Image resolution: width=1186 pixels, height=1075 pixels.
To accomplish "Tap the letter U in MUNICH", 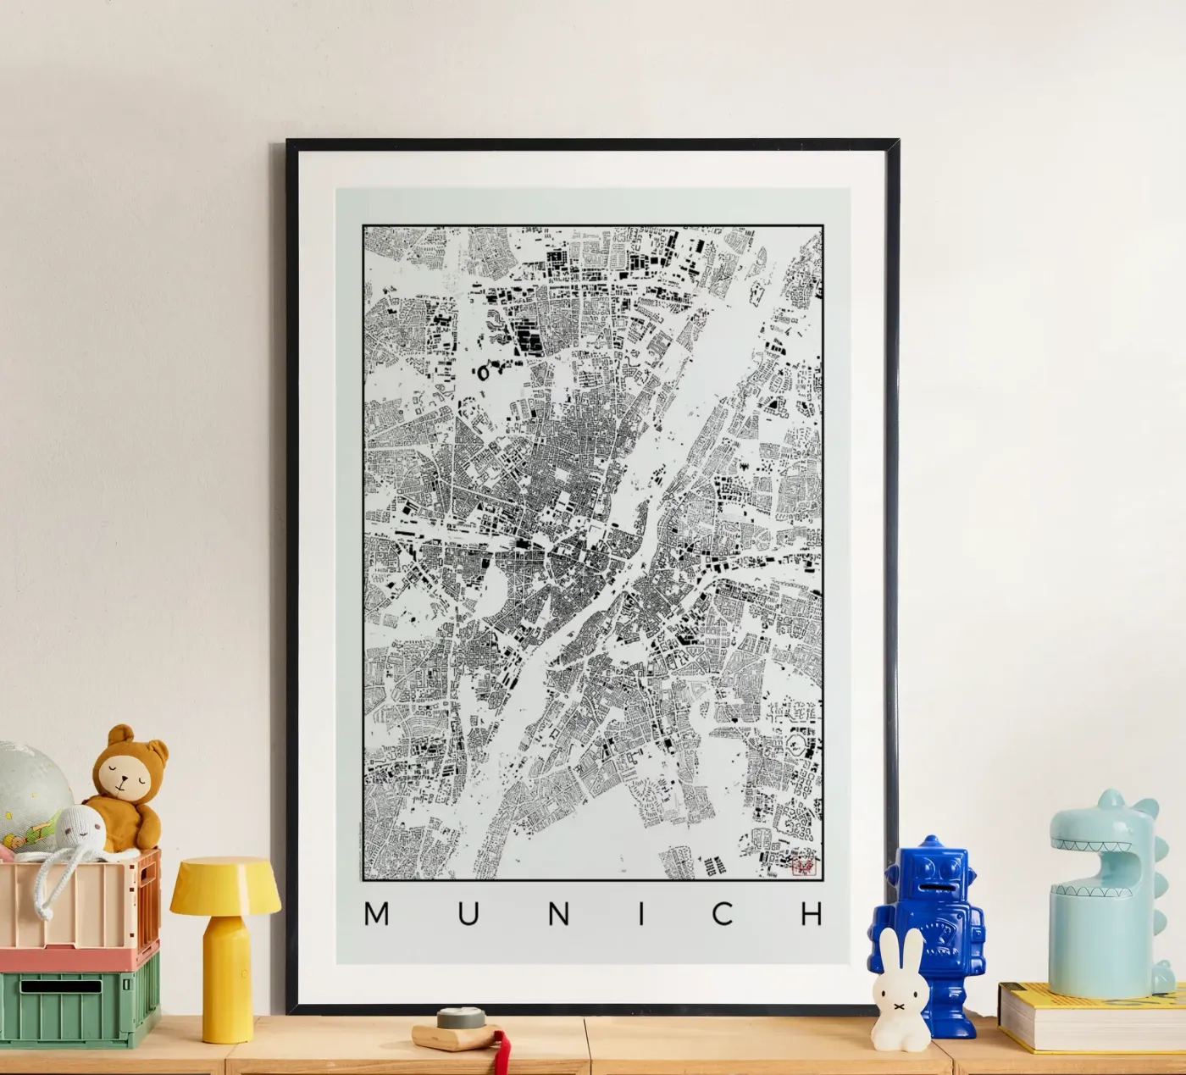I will [466, 914].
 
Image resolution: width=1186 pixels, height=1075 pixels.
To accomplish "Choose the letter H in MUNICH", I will [812, 914].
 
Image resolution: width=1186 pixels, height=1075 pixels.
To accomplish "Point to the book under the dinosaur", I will [1093, 1017].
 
